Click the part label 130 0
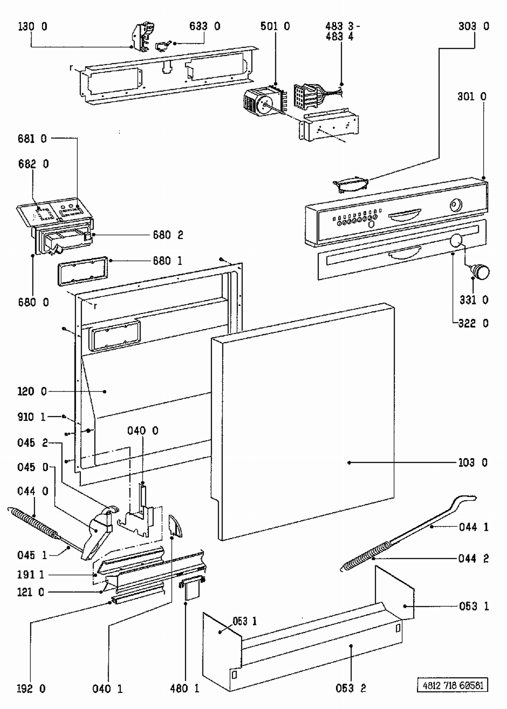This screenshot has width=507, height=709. point(32,26)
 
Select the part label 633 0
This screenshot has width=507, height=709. point(205,26)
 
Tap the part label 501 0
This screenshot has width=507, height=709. point(275,26)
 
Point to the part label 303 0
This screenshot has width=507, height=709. point(474,26)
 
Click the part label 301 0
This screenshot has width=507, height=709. point(472,97)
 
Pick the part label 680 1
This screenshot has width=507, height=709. point(168,261)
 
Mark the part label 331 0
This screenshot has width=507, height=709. point(474,300)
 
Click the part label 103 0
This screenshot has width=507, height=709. point(473,463)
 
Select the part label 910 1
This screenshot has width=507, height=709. point(31,417)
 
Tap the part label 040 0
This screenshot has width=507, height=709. point(143,431)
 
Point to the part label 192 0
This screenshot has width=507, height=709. point(31,689)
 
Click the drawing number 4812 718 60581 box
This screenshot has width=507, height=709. point(453,686)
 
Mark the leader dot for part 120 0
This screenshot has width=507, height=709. point(105,392)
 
